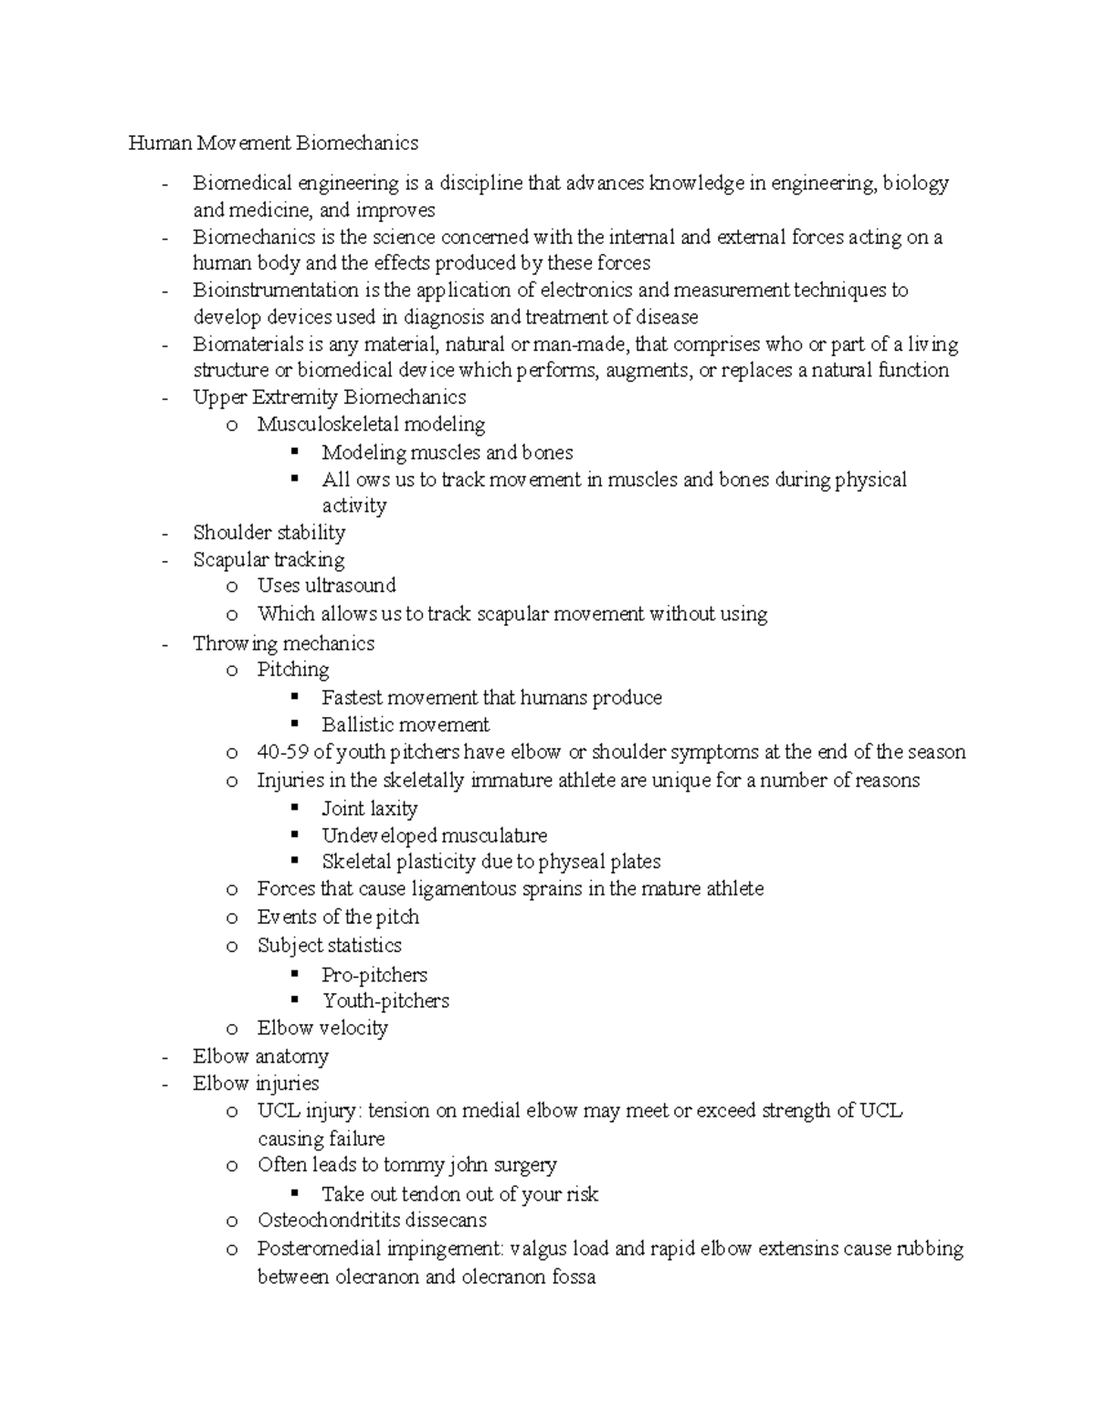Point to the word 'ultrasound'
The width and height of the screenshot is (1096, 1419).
pyautogui.click(x=350, y=586)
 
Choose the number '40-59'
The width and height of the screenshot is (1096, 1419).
pyautogui.click(x=282, y=752)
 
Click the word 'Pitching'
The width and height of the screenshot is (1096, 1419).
pyautogui.click(x=293, y=670)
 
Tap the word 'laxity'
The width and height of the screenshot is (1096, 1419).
pyautogui.click(x=394, y=809)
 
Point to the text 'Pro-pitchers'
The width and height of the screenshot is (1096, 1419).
pyautogui.click(x=374, y=975)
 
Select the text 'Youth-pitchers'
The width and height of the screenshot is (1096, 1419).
pyautogui.click(x=385, y=1001)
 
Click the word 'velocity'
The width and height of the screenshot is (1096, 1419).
pyautogui.click(x=353, y=1028)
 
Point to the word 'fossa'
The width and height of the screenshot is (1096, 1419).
pyautogui.click(x=574, y=1276)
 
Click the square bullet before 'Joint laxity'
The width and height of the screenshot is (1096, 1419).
pyautogui.click(x=294, y=807)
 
